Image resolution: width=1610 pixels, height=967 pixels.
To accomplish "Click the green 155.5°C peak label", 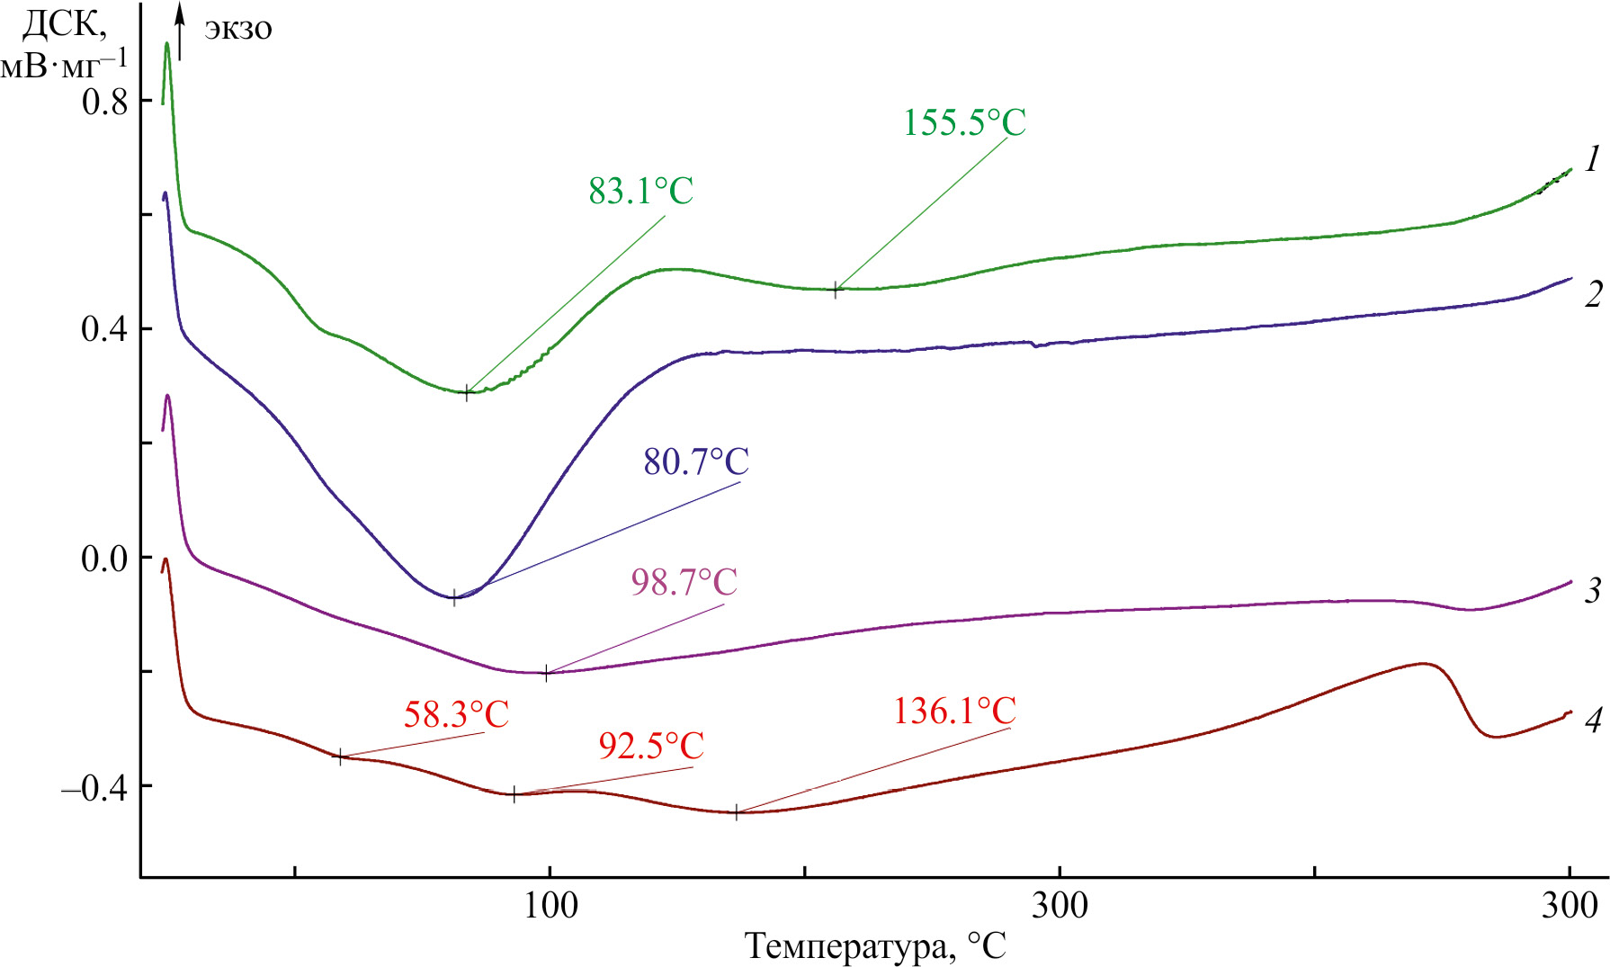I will [964, 122].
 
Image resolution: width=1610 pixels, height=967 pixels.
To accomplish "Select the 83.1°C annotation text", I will [641, 191].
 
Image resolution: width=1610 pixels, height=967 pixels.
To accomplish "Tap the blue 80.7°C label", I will [696, 461].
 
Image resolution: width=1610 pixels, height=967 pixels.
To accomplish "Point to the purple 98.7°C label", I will [684, 582].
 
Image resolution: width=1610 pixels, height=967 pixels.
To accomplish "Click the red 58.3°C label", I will [456, 715].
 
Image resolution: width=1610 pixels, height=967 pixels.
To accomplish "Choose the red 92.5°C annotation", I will [651, 746].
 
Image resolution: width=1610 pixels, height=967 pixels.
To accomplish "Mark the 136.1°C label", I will [954, 712].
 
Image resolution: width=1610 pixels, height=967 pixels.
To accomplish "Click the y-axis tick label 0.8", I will [105, 101].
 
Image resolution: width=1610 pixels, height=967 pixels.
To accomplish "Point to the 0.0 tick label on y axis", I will [105, 559].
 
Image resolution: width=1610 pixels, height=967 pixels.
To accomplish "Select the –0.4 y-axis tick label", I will [95, 788].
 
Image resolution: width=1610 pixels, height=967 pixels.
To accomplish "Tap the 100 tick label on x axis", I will [550, 906].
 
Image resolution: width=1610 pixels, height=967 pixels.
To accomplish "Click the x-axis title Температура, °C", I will [875, 946].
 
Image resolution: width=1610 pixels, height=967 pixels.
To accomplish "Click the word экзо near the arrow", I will [238, 29].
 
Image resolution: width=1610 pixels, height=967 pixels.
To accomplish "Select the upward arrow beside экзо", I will [181, 31].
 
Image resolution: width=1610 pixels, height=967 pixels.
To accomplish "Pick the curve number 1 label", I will [1592, 160].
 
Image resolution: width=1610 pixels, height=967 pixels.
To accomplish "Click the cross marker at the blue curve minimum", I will [454, 597].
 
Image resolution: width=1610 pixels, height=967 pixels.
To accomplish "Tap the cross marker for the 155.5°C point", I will [836, 290].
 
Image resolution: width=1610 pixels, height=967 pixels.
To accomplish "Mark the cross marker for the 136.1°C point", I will [736, 813].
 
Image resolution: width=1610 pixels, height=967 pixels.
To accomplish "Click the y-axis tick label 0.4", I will [105, 329].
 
